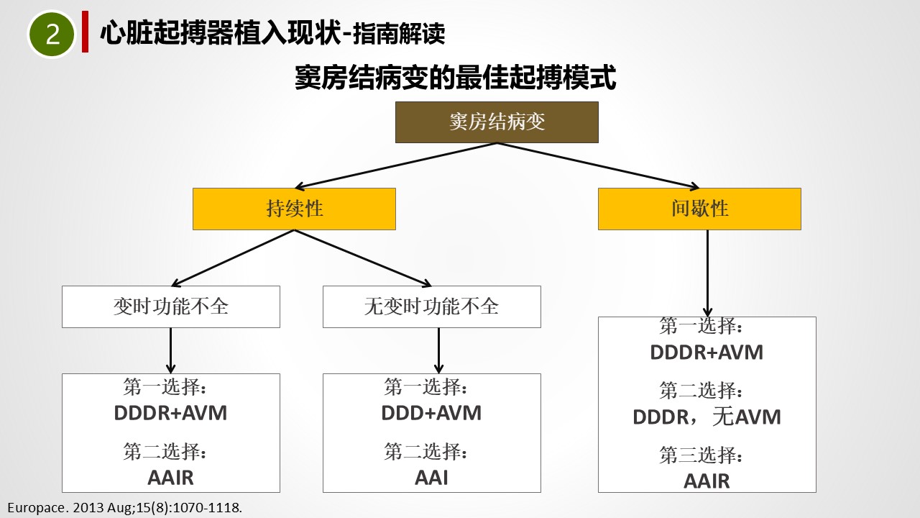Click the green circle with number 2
(51, 34)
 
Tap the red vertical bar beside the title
(85, 32)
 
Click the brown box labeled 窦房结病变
(497, 122)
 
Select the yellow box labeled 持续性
(294, 209)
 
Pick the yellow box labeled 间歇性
(699, 209)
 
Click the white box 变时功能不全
(171, 306)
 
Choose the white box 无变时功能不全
(432, 306)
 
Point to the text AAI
(431, 478)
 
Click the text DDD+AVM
(431, 413)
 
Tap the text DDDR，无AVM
(707, 417)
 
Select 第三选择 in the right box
(701, 455)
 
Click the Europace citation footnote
(125, 508)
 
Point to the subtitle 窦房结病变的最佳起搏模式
(456, 77)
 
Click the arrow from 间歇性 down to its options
(707, 273)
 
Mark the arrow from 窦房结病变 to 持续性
(395, 166)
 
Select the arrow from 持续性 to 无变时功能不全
(363, 258)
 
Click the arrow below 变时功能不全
(171, 350)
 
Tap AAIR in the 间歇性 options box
(707, 481)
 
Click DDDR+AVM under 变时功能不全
(170, 413)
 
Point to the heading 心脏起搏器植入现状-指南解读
(272, 33)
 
